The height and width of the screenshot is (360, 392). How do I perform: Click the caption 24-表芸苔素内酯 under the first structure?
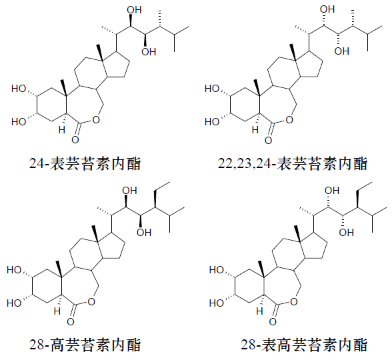tap(85, 164)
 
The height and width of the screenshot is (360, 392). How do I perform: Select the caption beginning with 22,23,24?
tap(293, 164)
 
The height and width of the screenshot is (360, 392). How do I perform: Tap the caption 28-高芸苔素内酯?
tap(85, 345)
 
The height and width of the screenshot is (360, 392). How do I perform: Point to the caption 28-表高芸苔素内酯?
tap(304, 345)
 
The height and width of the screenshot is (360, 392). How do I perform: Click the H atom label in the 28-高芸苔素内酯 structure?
tap(57, 311)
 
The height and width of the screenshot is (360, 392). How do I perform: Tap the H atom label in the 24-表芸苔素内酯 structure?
tap(62, 130)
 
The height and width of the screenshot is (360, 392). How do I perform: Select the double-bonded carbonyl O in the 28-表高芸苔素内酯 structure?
tap(273, 322)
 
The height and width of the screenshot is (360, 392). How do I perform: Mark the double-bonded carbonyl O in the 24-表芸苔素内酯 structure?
tap(75, 140)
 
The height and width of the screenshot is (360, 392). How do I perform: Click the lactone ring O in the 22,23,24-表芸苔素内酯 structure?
tap(289, 120)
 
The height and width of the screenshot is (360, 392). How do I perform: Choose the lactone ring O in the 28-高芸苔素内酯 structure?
tap(91, 301)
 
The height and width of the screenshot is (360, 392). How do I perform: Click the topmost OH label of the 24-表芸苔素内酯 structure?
tap(134, 10)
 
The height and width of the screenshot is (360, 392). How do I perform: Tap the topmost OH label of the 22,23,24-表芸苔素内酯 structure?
tap(327, 9)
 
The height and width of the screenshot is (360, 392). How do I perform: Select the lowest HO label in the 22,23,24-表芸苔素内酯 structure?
tap(212, 122)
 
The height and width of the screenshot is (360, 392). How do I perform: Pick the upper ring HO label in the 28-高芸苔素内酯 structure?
tap(14, 270)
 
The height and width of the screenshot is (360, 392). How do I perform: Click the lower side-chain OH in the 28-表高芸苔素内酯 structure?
tap(346, 233)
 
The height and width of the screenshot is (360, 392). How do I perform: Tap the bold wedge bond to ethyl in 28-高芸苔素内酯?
tap(155, 199)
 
